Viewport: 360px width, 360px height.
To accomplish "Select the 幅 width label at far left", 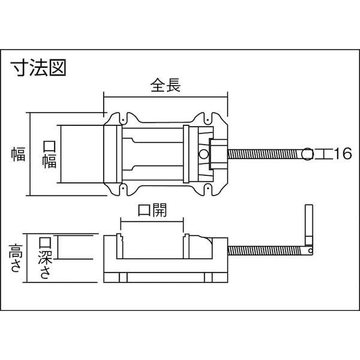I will pyautogui.click(x=17, y=154).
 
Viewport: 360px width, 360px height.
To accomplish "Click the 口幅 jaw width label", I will pyautogui.click(x=49, y=154).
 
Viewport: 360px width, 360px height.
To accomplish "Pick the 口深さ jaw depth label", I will pyautogui.click(x=44, y=258).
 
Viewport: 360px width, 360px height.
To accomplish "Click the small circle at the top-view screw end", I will pyautogui.click(x=308, y=154).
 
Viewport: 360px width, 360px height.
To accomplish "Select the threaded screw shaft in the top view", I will pyautogui.click(x=264, y=154).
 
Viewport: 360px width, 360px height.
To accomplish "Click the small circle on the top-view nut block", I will pyautogui.click(x=204, y=154).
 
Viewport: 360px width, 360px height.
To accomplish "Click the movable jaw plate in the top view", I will pyautogui.click(x=185, y=154).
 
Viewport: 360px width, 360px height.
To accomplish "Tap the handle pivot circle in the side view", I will pyautogui.click(x=310, y=251).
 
